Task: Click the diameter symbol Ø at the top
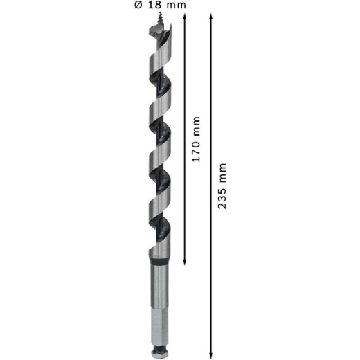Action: (138, 5)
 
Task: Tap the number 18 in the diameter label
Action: (154, 5)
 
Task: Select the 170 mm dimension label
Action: (197, 139)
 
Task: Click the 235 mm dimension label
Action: (222, 186)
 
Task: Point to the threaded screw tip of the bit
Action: (159, 18)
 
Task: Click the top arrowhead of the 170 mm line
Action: (184, 17)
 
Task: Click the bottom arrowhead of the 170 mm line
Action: (184, 262)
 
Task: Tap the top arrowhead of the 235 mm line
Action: (210, 17)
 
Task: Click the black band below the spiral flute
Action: (159, 262)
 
